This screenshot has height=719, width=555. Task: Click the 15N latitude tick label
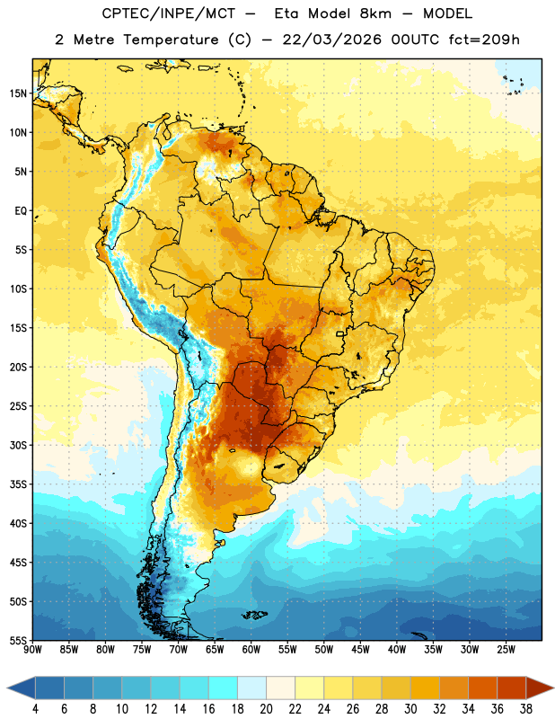point(18,93)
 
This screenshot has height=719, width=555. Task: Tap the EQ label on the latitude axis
point(21,211)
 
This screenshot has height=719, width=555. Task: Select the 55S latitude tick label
point(18,640)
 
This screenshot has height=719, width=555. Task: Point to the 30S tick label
point(18,445)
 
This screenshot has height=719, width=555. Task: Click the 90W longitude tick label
point(32,650)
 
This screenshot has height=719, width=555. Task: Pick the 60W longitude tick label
point(251,650)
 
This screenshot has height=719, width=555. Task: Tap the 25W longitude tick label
point(506,650)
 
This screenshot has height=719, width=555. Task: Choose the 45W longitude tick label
point(360,650)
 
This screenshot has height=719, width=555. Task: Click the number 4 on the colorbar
point(35,709)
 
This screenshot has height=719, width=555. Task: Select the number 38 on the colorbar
point(525,709)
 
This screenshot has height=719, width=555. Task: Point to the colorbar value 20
point(266,709)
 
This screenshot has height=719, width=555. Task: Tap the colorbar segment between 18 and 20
point(252,688)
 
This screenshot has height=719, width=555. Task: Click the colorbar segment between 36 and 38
point(512,688)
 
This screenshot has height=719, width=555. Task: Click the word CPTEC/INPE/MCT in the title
point(169,13)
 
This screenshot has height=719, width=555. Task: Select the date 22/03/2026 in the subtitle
point(331,40)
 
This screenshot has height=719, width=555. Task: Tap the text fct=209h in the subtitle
point(484,40)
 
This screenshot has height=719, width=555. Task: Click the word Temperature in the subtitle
point(171,40)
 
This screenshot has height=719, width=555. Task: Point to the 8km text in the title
point(375,13)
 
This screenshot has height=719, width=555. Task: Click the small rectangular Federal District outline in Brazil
point(340,334)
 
